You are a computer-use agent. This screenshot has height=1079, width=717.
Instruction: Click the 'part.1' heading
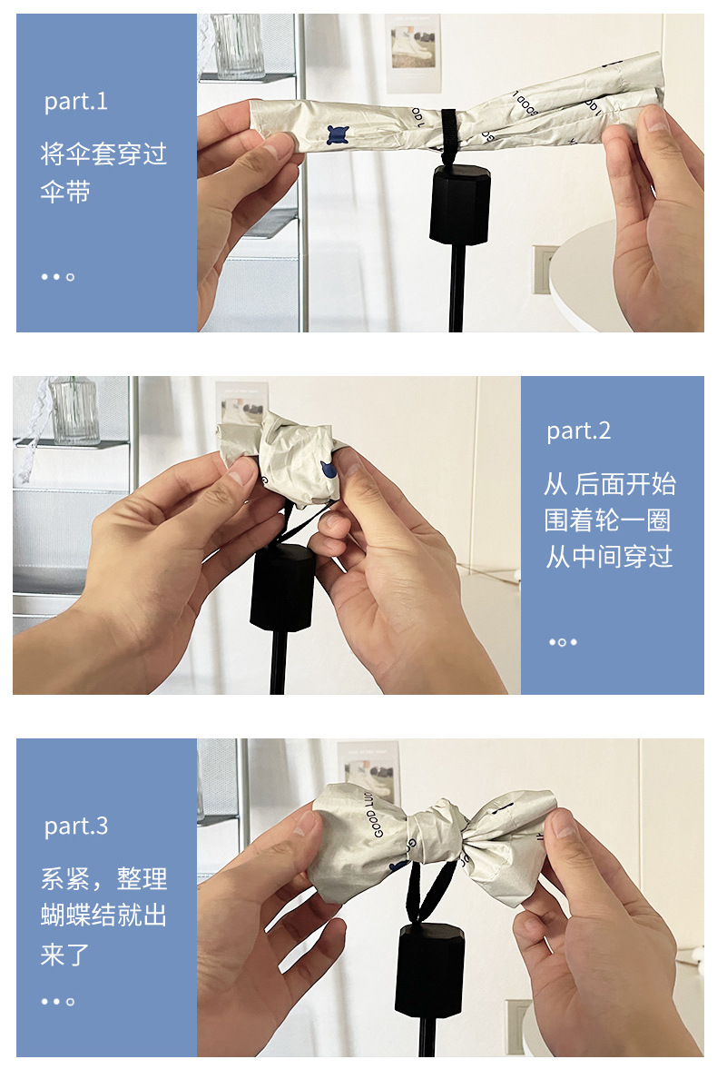pos(76,102)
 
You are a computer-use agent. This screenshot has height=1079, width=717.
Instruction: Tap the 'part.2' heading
pos(578,431)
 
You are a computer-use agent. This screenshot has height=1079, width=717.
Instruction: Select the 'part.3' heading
pos(76,827)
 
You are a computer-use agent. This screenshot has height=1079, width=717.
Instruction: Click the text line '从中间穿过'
pos(609,557)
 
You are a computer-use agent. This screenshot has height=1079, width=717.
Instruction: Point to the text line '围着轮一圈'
pos(609,520)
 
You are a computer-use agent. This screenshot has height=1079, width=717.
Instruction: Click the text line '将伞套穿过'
pos(103,153)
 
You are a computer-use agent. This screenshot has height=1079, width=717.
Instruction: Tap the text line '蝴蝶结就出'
pos(103,916)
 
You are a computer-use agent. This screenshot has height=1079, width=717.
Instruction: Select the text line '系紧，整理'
pos(103,879)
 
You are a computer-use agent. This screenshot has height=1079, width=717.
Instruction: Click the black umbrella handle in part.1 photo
pos(459,205)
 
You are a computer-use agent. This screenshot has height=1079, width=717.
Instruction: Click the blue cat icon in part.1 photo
pos(338,135)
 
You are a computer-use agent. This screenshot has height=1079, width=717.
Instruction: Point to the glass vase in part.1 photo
pos(239,45)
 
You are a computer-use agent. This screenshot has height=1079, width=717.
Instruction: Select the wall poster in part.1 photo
pos(413,53)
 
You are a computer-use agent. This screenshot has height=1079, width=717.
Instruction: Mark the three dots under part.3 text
pos(57,1002)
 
